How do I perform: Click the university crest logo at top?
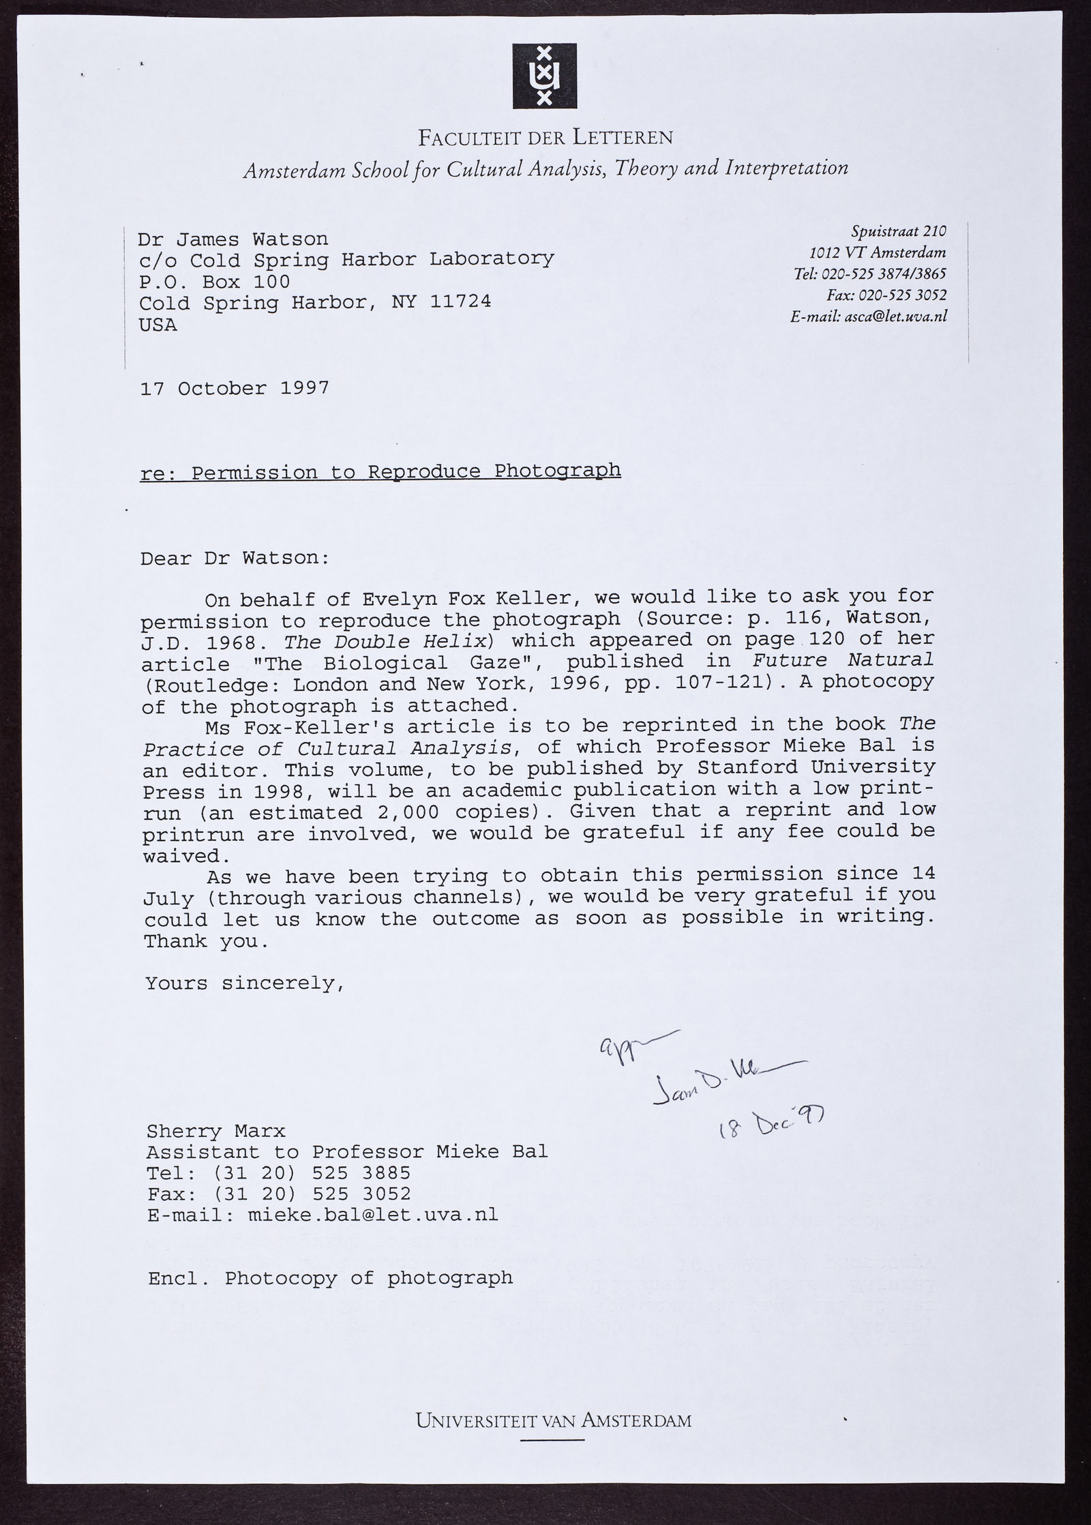pyautogui.click(x=544, y=76)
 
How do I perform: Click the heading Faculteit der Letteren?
pyautogui.click(x=545, y=138)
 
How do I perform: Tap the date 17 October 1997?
pyautogui.click(x=235, y=389)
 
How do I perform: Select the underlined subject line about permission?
pyautogui.click(x=380, y=472)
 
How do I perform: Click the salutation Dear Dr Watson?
pyautogui.click(x=235, y=559)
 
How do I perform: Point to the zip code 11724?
pyautogui.click(x=460, y=302)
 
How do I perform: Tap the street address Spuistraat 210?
pyautogui.click(x=899, y=232)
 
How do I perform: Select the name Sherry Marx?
pyautogui.click(x=215, y=1131)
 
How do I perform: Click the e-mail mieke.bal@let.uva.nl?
pyautogui.click(x=372, y=1215)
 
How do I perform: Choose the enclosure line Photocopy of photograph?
pyautogui.click(x=368, y=1277)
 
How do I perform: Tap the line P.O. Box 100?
pyautogui.click(x=214, y=282)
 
